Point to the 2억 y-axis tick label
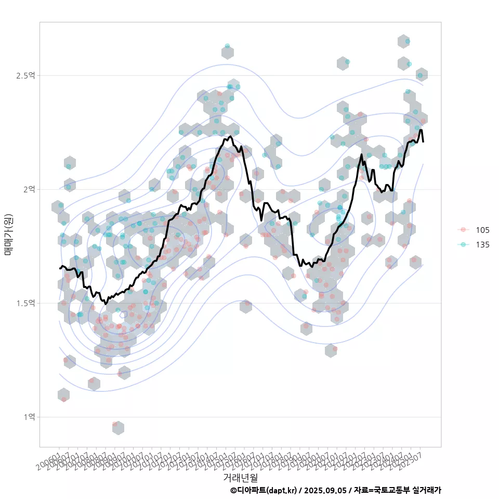click(29, 189)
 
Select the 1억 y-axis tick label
click(29, 417)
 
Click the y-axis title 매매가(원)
click(8, 234)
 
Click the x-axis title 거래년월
click(240, 477)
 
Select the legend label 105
click(482, 230)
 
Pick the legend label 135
click(482, 244)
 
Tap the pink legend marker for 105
click(463, 230)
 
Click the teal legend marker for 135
click(463, 244)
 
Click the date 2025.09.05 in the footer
click(325, 490)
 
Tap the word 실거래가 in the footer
click(427, 490)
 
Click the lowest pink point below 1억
click(115, 424)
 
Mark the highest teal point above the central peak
click(227, 46)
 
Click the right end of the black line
click(423, 141)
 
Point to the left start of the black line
click(60, 268)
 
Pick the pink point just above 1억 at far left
click(64, 399)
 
